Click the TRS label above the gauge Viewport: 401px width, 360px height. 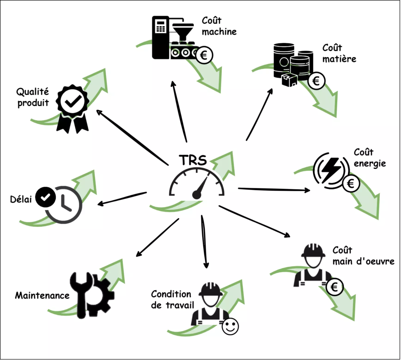click(x=193, y=160)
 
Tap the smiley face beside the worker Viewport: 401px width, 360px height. click(x=230, y=327)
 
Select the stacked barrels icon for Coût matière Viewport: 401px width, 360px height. click(x=292, y=64)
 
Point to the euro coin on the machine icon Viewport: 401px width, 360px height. click(x=204, y=56)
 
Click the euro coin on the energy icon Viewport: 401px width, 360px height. click(x=351, y=183)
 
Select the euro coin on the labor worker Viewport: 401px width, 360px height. click(x=334, y=288)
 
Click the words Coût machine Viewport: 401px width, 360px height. click(x=219, y=25)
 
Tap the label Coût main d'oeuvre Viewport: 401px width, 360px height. click(x=363, y=255)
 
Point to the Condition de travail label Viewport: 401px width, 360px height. click(x=171, y=300)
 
